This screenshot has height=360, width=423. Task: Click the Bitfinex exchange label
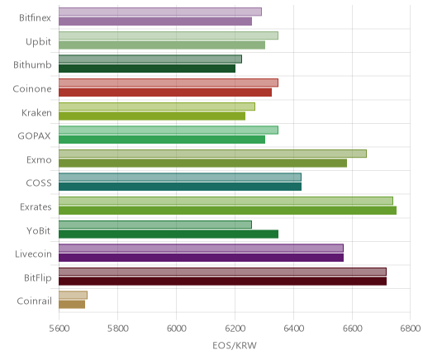pyautogui.click(x=35, y=18)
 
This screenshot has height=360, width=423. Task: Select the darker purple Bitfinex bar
pyautogui.click(x=155, y=21)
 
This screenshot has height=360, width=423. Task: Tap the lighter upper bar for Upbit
pyautogui.click(x=169, y=36)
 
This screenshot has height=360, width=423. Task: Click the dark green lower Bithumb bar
pyautogui.click(x=147, y=69)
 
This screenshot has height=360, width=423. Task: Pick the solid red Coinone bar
pyautogui.click(x=165, y=92)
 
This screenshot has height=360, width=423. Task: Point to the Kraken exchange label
pyautogui.click(x=36, y=112)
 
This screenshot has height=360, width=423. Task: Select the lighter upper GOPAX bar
pyautogui.click(x=169, y=130)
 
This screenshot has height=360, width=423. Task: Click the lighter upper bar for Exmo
pyautogui.click(x=212, y=154)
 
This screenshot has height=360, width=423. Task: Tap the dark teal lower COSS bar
pyautogui.click(x=180, y=187)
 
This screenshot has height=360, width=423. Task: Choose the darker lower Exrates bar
pyautogui.click(x=227, y=211)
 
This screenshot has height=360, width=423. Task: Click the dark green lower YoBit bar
pyautogui.click(x=169, y=234)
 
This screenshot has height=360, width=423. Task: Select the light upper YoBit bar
pyautogui.click(x=155, y=225)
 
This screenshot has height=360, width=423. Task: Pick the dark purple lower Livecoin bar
pyautogui.click(x=201, y=258)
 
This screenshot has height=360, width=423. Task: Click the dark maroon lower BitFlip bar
pyautogui.click(x=222, y=282)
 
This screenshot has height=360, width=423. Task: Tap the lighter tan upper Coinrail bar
pyautogui.click(x=73, y=295)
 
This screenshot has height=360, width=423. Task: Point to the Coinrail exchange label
pyautogui.click(x=34, y=301)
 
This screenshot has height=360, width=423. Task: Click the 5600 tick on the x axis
pyautogui.click(x=59, y=328)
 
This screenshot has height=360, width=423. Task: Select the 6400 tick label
pyautogui.click(x=294, y=328)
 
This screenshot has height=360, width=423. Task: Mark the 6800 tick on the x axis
pyautogui.click(x=411, y=328)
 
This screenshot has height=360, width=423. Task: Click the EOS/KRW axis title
pyautogui.click(x=235, y=345)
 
